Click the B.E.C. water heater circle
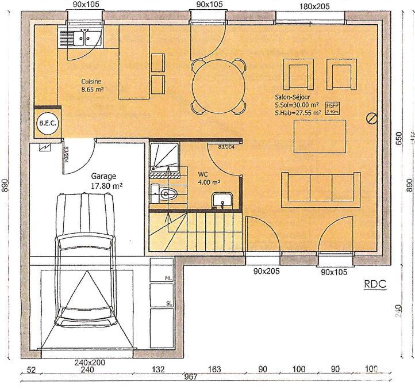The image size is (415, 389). [47, 124]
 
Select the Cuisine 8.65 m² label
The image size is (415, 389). [91, 86]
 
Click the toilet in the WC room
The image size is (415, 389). [166, 194]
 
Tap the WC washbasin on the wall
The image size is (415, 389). [221, 200]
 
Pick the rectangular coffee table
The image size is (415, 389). [320, 136]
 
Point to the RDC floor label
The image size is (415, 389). [375, 284]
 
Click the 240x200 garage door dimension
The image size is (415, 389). [89, 363]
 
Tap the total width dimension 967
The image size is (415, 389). [191, 377]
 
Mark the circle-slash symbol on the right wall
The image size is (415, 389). [372, 119]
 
